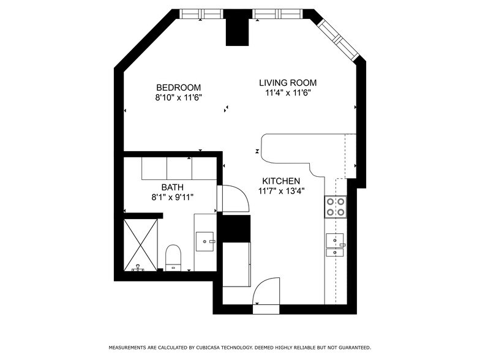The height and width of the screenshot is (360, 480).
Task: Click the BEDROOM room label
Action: (179, 88)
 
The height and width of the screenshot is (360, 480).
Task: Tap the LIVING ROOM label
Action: (288, 83)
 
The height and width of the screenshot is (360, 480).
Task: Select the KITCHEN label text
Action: (281, 181)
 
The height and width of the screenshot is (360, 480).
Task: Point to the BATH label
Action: (173, 187)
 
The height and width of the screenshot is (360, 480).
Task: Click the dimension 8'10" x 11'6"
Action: (179, 98)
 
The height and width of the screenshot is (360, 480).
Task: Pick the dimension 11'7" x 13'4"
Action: (281, 191)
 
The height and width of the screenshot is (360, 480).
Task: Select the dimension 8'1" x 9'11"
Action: (173, 197)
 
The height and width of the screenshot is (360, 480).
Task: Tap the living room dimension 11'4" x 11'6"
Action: (288, 93)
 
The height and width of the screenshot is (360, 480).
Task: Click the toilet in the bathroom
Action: (173, 258)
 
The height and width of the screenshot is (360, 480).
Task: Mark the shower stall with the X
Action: (141, 245)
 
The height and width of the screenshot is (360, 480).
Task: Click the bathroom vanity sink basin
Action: (204, 241)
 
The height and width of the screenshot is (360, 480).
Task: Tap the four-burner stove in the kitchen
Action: (336, 207)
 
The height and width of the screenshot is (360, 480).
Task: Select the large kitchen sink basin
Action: (334, 240)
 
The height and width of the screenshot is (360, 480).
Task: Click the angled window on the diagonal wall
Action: (338, 40)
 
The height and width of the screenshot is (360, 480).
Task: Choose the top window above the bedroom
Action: (201, 14)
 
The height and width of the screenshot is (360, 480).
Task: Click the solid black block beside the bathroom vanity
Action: (235, 228)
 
